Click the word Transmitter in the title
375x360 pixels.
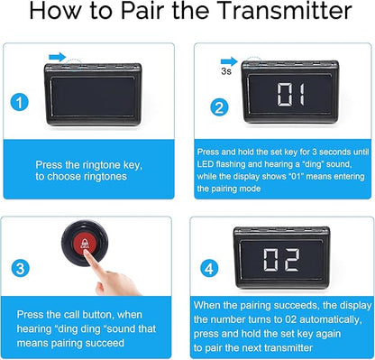point(284,11)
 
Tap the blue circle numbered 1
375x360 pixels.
point(20,102)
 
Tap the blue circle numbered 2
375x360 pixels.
point(219,107)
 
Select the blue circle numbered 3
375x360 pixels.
point(21,268)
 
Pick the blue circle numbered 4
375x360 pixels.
point(209,269)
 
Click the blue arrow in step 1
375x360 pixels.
point(58,57)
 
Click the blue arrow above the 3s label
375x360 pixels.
point(229,61)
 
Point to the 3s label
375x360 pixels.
point(226,71)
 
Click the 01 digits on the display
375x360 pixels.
point(290,95)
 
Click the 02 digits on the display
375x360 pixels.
point(281,260)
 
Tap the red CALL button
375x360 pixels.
point(85,243)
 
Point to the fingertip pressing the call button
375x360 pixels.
point(87,253)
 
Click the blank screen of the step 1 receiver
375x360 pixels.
point(93,97)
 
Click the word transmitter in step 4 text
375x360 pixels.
point(285,348)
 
